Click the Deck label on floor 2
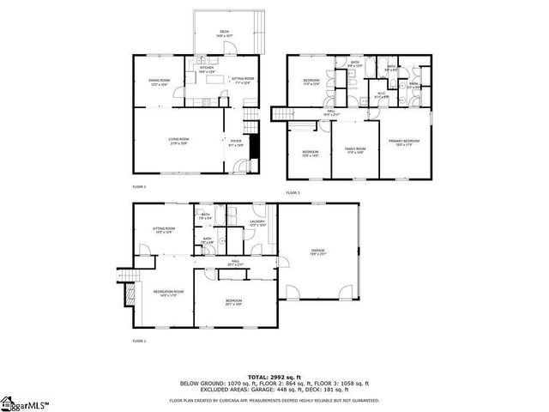coord(225,33)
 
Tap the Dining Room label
coord(160,82)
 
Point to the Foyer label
coord(236,142)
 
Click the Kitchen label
coord(207,70)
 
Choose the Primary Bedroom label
coord(404,142)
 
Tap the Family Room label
coord(355,150)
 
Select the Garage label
coord(318,251)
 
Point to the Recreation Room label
coord(165,294)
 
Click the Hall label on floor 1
coord(234,264)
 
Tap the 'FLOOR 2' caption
coord(139,186)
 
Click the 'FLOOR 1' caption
coord(139,341)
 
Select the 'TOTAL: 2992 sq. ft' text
coord(274,376)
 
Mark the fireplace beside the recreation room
coord(131,294)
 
